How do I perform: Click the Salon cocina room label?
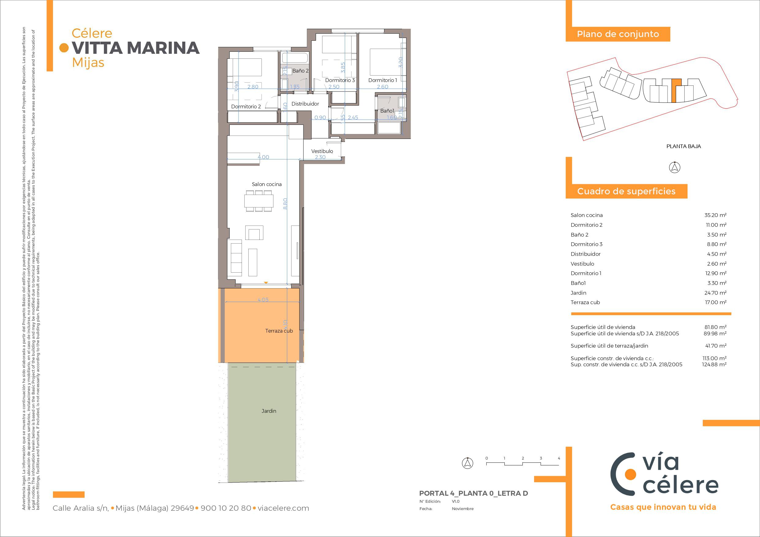266,184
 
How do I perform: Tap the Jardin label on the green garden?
269,411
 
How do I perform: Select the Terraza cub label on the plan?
279,331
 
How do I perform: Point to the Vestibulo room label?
322,151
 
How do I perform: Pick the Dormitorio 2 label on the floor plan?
246,106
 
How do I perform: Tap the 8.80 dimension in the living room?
285,203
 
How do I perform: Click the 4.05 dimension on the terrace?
263,300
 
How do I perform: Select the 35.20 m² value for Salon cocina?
715,215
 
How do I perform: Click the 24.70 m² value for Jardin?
715,293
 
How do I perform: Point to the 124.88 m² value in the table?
714,365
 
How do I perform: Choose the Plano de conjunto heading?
618,34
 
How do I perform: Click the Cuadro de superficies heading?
626,191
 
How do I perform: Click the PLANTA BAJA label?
683,146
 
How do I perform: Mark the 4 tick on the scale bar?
559,458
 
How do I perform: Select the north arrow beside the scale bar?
467,463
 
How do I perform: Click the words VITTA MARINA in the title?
136,48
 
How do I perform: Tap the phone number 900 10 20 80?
226,508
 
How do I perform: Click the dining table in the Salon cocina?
259,201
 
